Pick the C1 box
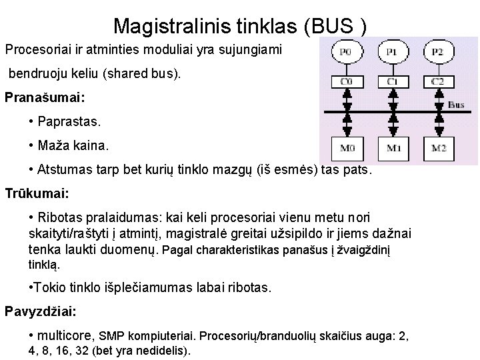392,81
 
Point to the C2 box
437,81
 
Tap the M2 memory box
437,147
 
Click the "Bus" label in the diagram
457,105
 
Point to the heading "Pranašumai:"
45,97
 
